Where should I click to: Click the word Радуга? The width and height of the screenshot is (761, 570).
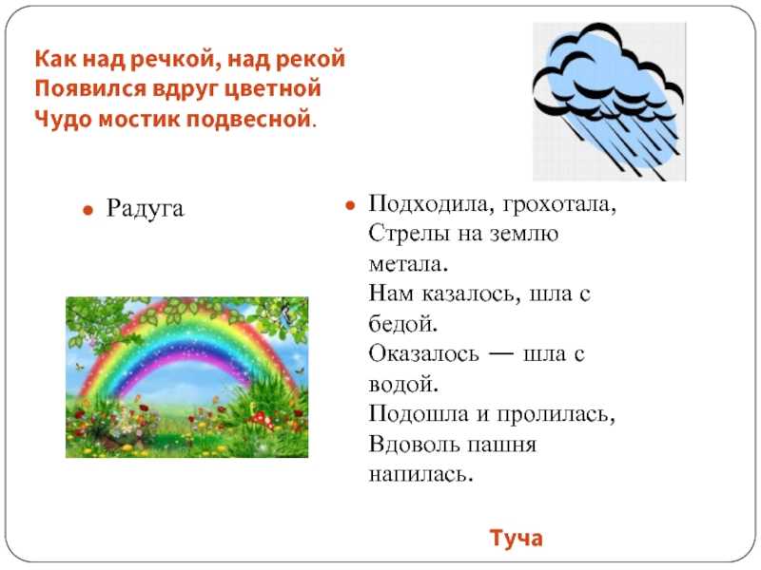(x=146, y=209)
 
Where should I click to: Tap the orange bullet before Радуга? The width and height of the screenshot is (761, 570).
(x=88, y=210)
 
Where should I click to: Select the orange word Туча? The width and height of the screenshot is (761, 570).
(x=516, y=538)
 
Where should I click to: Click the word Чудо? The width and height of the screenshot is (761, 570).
(x=64, y=120)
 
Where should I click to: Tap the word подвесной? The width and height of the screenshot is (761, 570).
(x=248, y=120)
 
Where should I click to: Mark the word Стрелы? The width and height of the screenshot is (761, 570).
(x=409, y=234)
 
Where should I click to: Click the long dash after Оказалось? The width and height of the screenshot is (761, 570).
(x=500, y=353)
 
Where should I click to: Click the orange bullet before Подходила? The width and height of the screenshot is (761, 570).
(x=350, y=205)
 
